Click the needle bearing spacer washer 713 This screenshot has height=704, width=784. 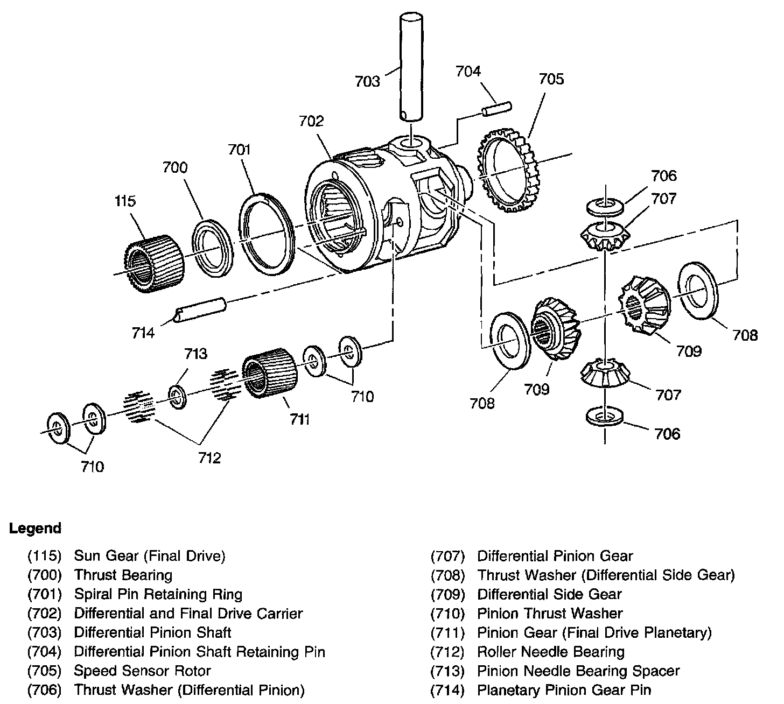[177, 397]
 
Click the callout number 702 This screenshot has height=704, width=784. [312, 122]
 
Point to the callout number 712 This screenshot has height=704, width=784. [209, 457]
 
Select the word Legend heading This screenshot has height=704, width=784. [36, 528]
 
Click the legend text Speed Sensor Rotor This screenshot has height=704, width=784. [142, 671]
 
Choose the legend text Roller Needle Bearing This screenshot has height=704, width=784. [551, 652]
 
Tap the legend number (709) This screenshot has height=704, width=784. [447, 594]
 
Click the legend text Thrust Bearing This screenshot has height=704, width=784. [123, 575]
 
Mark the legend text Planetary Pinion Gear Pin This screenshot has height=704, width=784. [564, 689]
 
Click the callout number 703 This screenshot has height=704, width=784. [367, 81]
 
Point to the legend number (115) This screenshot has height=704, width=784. [45, 555]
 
